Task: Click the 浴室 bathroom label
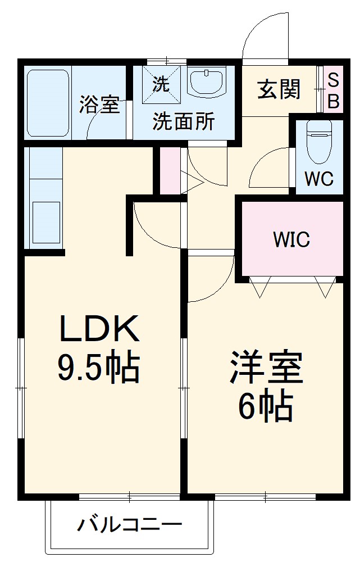click(x=99, y=105)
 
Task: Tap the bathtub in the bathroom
click(x=47, y=102)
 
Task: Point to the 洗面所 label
click(x=184, y=122)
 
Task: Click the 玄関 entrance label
click(x=279, y=89)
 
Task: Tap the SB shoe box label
click(x=333, y=90)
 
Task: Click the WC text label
click(x=319, y=179)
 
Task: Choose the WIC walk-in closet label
click(x=291, y=239)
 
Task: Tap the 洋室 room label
click(x=266, y=368)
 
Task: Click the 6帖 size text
click(x=265, y=406)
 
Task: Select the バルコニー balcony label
click(x=130, y=527)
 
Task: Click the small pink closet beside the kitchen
click(x=170, y=170)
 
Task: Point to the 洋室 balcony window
click(x=265, y=496)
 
